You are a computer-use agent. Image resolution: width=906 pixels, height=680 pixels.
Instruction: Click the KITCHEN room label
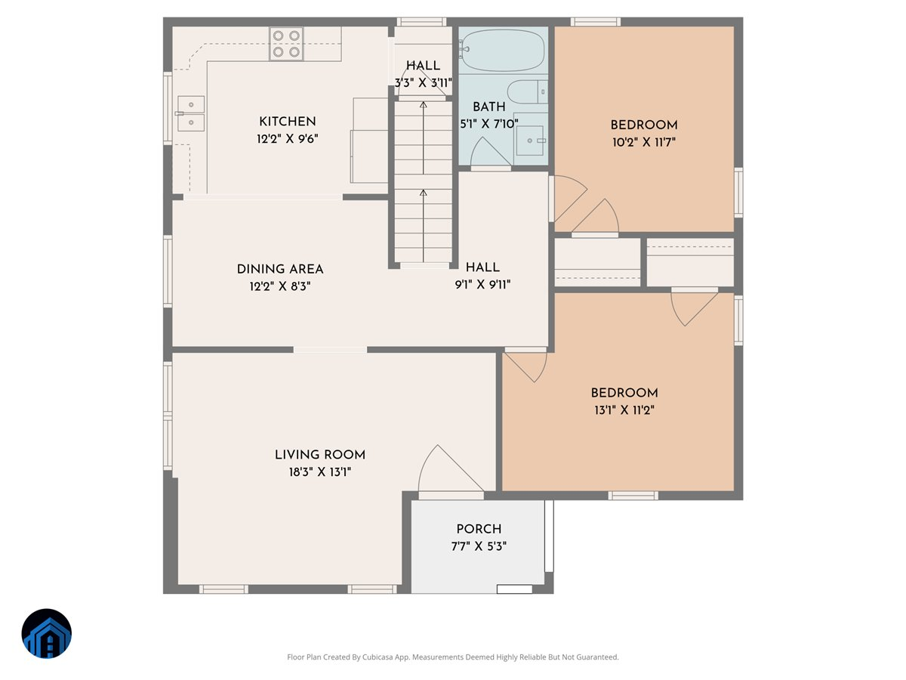tap(287, 122)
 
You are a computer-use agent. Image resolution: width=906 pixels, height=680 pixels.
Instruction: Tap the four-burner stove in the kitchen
tap(286, 43)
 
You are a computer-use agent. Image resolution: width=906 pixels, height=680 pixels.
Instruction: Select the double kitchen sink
tap(191, 113)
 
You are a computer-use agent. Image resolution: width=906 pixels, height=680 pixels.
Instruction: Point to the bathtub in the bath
tap(502, 50)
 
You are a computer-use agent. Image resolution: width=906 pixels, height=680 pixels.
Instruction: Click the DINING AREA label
tap(279, 269)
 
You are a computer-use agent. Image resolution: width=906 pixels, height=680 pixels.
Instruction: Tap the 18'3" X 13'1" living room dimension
tap(319, 472)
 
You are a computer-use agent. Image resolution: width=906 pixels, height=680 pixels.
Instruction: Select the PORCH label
tap(479, 529)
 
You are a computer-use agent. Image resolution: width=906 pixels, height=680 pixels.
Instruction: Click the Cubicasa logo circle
tap(47, 633)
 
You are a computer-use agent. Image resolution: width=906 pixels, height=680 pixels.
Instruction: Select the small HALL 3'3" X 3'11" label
tap(423, 74)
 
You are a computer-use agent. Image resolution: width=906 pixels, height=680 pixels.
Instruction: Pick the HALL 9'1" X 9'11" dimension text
tap(482, 285)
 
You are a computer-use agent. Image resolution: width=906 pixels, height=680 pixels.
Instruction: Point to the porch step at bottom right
tap(514, 589)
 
